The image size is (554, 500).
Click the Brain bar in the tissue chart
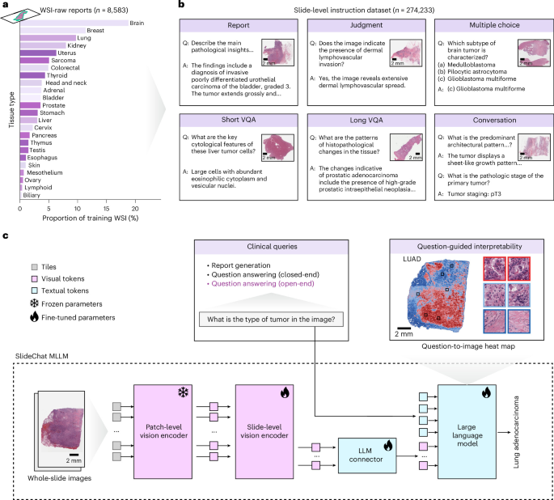[74, 23]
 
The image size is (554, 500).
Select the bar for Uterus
[38, 53]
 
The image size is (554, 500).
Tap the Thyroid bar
[32, 75]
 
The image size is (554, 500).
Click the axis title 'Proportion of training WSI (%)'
[91, 218]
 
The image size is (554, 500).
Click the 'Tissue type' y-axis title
[11, 110]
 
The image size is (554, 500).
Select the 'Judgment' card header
[366, 25]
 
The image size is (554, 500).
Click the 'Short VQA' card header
[239, 120]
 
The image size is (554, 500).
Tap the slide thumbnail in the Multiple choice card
[534, 53]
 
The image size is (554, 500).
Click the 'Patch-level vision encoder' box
[163, 431]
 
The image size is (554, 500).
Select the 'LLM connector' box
[366, 456]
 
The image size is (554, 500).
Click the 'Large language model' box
[467, 431]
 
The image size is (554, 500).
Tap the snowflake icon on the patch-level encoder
[183, 392]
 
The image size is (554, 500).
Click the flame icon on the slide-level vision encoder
[285, 392]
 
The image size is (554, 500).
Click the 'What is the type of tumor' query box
[271, 319]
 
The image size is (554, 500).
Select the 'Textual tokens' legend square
[34, 290]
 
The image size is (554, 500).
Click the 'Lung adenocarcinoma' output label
[516, 432]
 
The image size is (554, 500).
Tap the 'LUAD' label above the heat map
[412, 259]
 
